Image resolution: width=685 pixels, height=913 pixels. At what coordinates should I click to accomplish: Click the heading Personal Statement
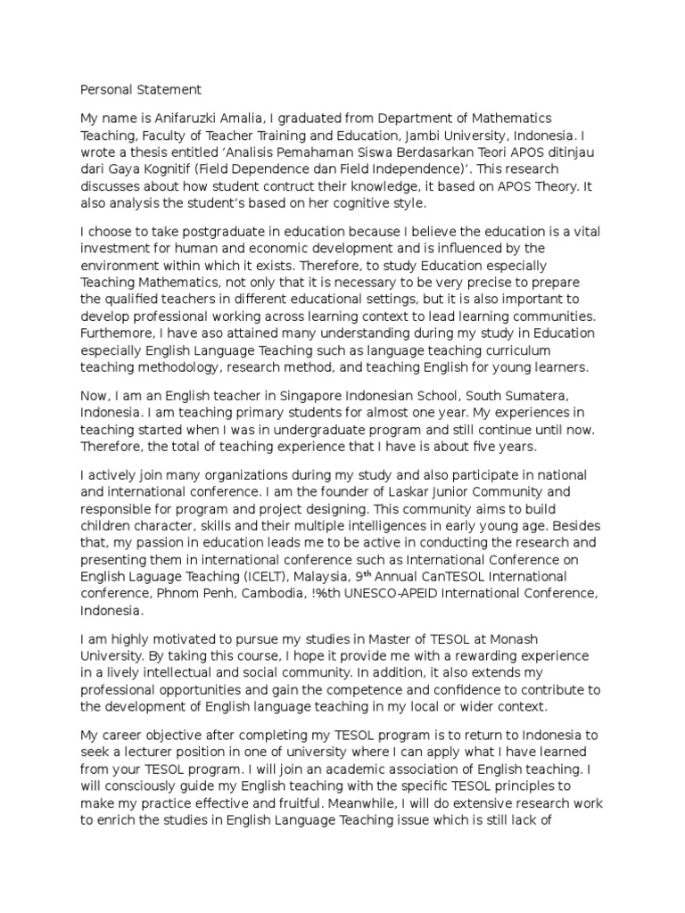pos(141,89)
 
